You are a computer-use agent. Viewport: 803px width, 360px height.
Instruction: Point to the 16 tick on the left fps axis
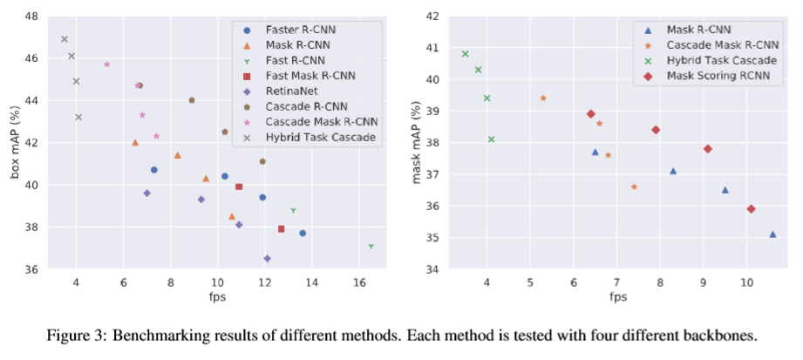[359, 282]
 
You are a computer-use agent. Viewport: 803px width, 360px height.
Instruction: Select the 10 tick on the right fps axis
[746, 282]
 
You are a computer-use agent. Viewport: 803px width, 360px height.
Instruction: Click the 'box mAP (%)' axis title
[15, 143]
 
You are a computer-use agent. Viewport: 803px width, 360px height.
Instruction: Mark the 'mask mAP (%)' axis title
[417, 142]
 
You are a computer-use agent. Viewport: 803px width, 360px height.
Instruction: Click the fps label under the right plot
[618, 297]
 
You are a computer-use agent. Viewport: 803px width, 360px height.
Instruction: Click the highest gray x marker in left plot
[65, 39]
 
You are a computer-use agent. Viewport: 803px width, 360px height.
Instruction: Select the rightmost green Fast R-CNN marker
[371, 247]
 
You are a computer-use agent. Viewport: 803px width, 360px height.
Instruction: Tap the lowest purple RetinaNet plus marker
[267, 259]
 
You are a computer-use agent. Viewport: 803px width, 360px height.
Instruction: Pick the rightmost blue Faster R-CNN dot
[303, 234]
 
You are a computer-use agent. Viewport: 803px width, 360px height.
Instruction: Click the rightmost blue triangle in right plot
[772, 234]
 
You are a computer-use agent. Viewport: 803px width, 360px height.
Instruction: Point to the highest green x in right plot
[466, 54]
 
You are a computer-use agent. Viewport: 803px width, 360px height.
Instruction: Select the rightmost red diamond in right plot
[751, 209]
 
